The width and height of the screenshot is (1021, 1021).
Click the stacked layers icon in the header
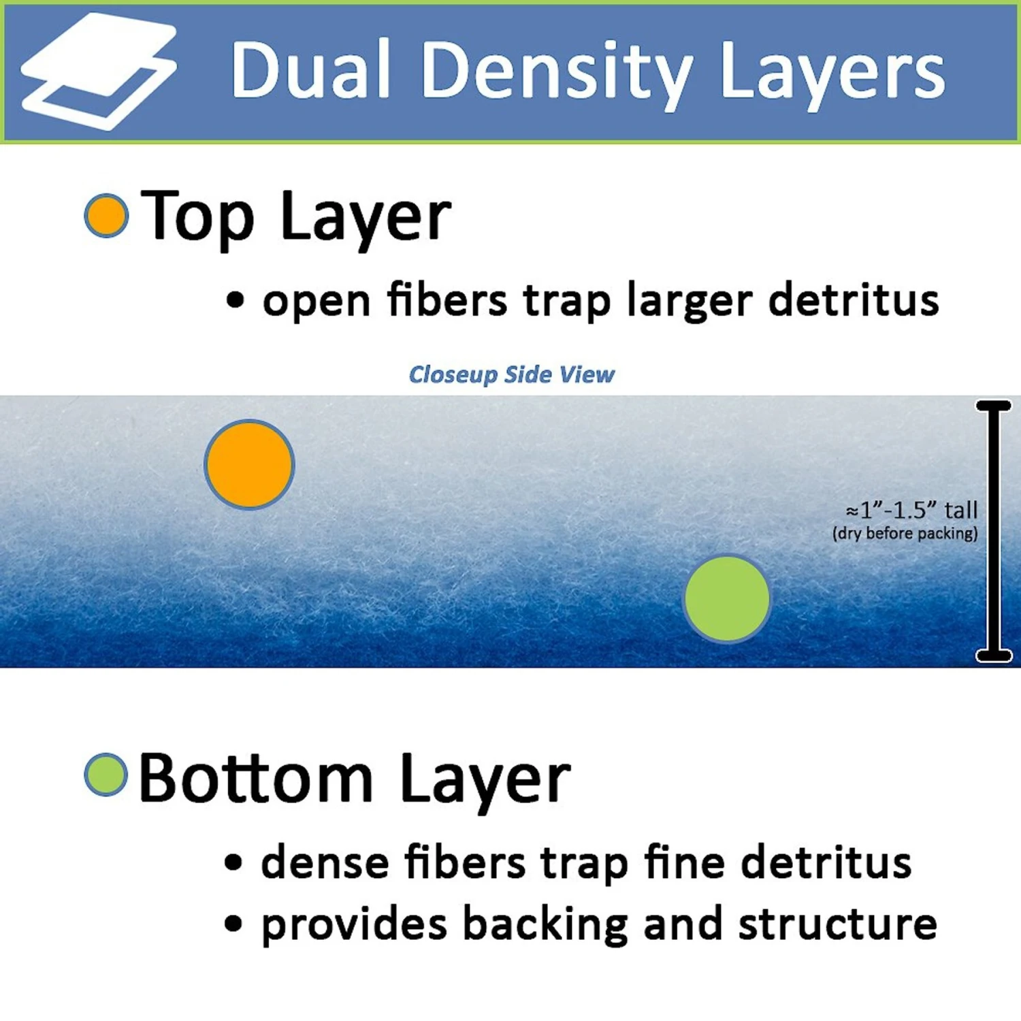(99, 71)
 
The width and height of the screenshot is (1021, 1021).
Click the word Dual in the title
(310, 69)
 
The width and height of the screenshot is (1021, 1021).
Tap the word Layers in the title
(832, 72)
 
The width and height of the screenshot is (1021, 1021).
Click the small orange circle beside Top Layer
(106, 216)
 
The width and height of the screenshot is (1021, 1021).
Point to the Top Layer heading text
(296, 217)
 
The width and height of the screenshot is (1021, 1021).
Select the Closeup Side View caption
(511, 374)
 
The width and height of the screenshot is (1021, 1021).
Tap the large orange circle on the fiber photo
(250, 464)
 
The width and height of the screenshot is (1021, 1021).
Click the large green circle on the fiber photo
(727, 598)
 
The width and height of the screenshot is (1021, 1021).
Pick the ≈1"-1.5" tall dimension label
(911, 510)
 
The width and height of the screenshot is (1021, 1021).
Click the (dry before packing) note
(905, 533)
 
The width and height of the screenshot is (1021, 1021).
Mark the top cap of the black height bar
(994, 406)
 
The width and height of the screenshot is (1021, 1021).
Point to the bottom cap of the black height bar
(994, 655)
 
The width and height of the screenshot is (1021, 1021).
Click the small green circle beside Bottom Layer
(106, 774)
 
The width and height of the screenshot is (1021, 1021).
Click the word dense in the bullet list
(325, 862)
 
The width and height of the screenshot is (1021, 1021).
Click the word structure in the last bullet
(838, 924)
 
